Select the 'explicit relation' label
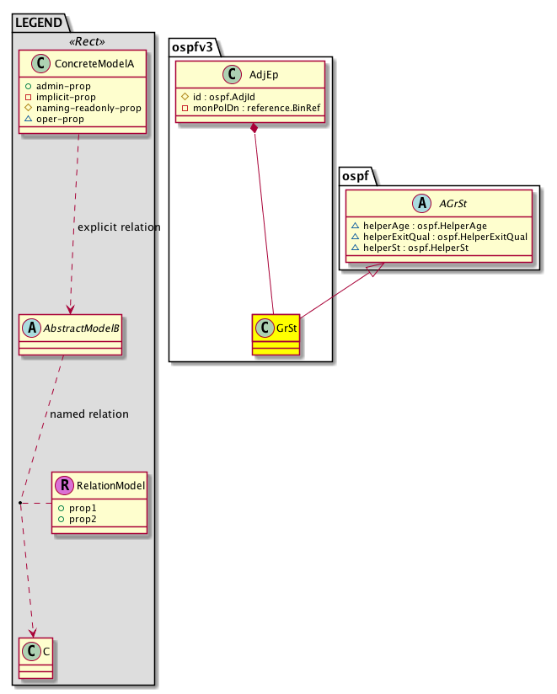(x=118, y=227)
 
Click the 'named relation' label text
(x=89, y=414)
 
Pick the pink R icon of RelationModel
(x=64, y=485)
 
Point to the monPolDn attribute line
(x=250, y=108)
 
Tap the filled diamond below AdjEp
(x=254, y=128)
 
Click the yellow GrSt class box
(x=275, y=334)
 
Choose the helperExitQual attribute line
(x=438, y=237)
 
